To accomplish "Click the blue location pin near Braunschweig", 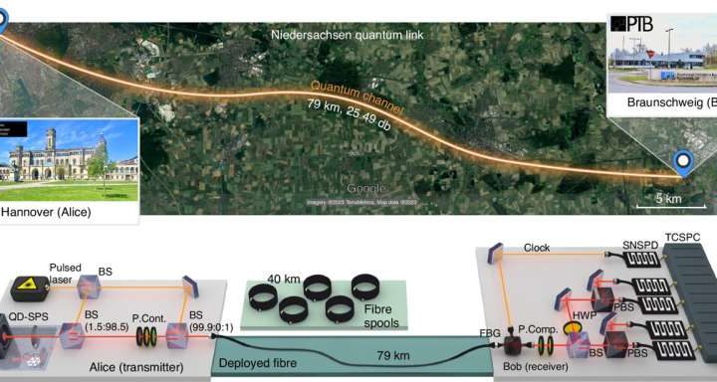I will [682, 161].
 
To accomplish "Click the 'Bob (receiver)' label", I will [542, 369].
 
